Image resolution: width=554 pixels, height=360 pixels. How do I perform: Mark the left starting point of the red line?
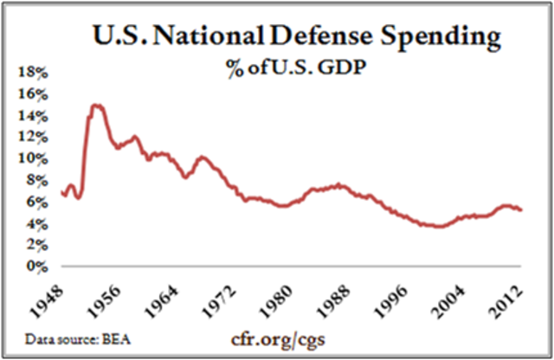point(61,192)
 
